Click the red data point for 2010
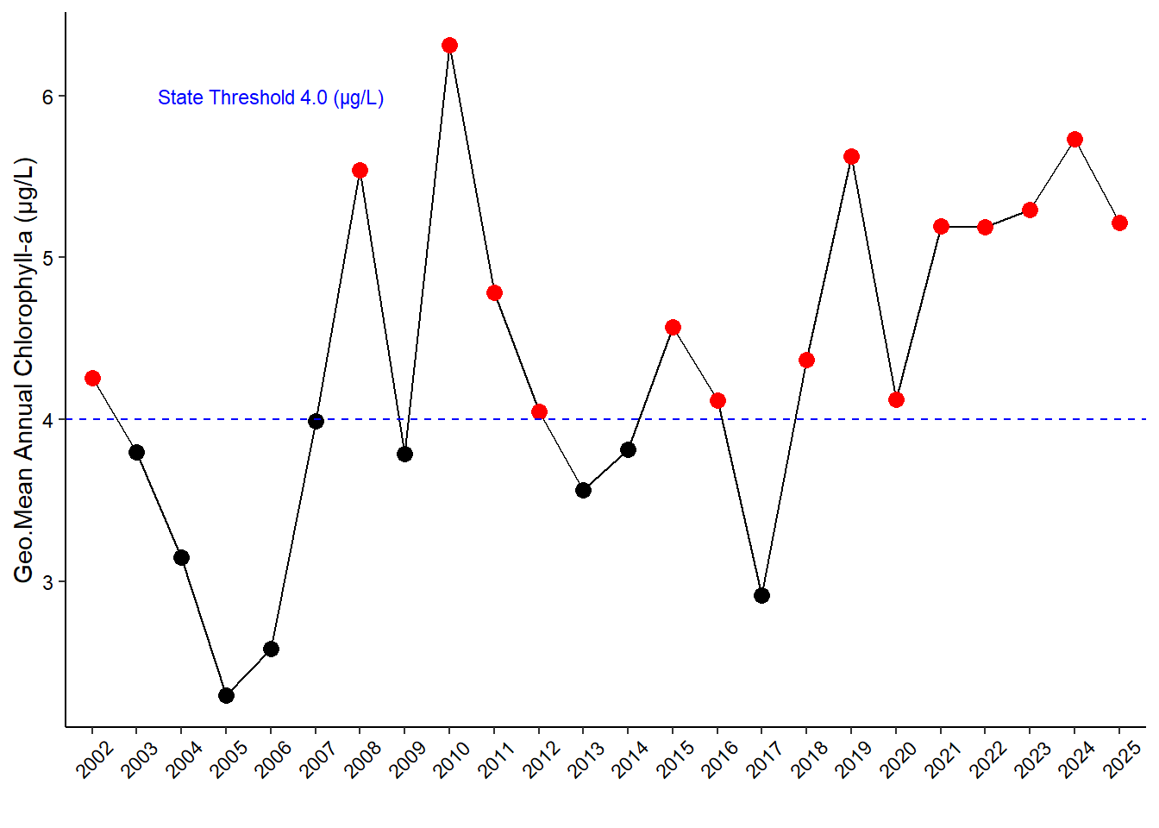pos(449,45)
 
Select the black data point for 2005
pos(226,695)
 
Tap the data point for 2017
pos(761,595)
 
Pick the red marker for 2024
pos(1074,139)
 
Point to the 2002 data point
pos(92,378)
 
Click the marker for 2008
pos(360,170)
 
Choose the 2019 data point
pos(851,156)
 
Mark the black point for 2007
pos(316,421)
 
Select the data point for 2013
pos(583,490)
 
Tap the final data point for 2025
pos(1119,223)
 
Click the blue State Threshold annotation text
pos(271,97)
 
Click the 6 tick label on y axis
pos(48,97)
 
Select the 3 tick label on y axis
pos(48,582)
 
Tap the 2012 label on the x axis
pos(542,760)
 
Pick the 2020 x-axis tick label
pos(899,760)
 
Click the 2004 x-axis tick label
pos(185,760)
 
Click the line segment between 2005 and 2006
pos(248,672)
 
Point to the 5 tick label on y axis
pos(48,258)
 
